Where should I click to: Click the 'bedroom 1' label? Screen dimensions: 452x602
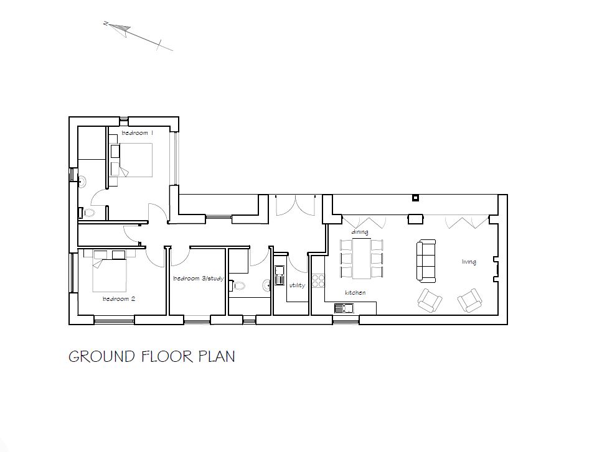(x=137, y=133)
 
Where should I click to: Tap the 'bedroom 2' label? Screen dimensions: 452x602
(x=119, y=299)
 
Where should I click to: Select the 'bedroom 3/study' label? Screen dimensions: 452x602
(x=198, y=279)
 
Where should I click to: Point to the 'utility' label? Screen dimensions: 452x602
(x=297, y=285)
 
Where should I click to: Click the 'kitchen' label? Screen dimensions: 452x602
(x=355, y=292)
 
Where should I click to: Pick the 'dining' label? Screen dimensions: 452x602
(x=360, y=232)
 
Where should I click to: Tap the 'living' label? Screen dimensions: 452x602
(x=469, y=262)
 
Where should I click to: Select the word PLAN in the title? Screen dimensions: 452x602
(x=217, y=357)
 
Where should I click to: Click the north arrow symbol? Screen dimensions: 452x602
(x=122, y=27)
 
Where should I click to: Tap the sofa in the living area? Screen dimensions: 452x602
(x=426, y=260)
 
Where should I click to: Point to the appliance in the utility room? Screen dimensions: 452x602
(x=280, y=271)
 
